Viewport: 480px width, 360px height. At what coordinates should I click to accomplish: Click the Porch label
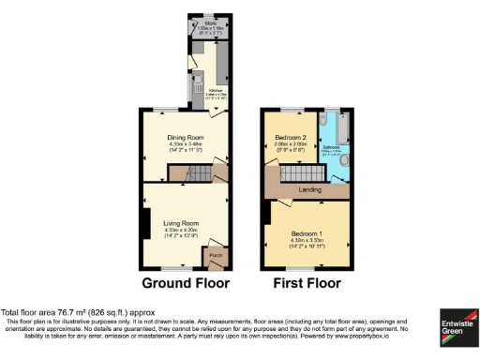(216, 254)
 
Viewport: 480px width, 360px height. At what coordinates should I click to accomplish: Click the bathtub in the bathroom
(337, 124)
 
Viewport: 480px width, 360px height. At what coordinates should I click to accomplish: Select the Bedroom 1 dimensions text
(307, 241)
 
